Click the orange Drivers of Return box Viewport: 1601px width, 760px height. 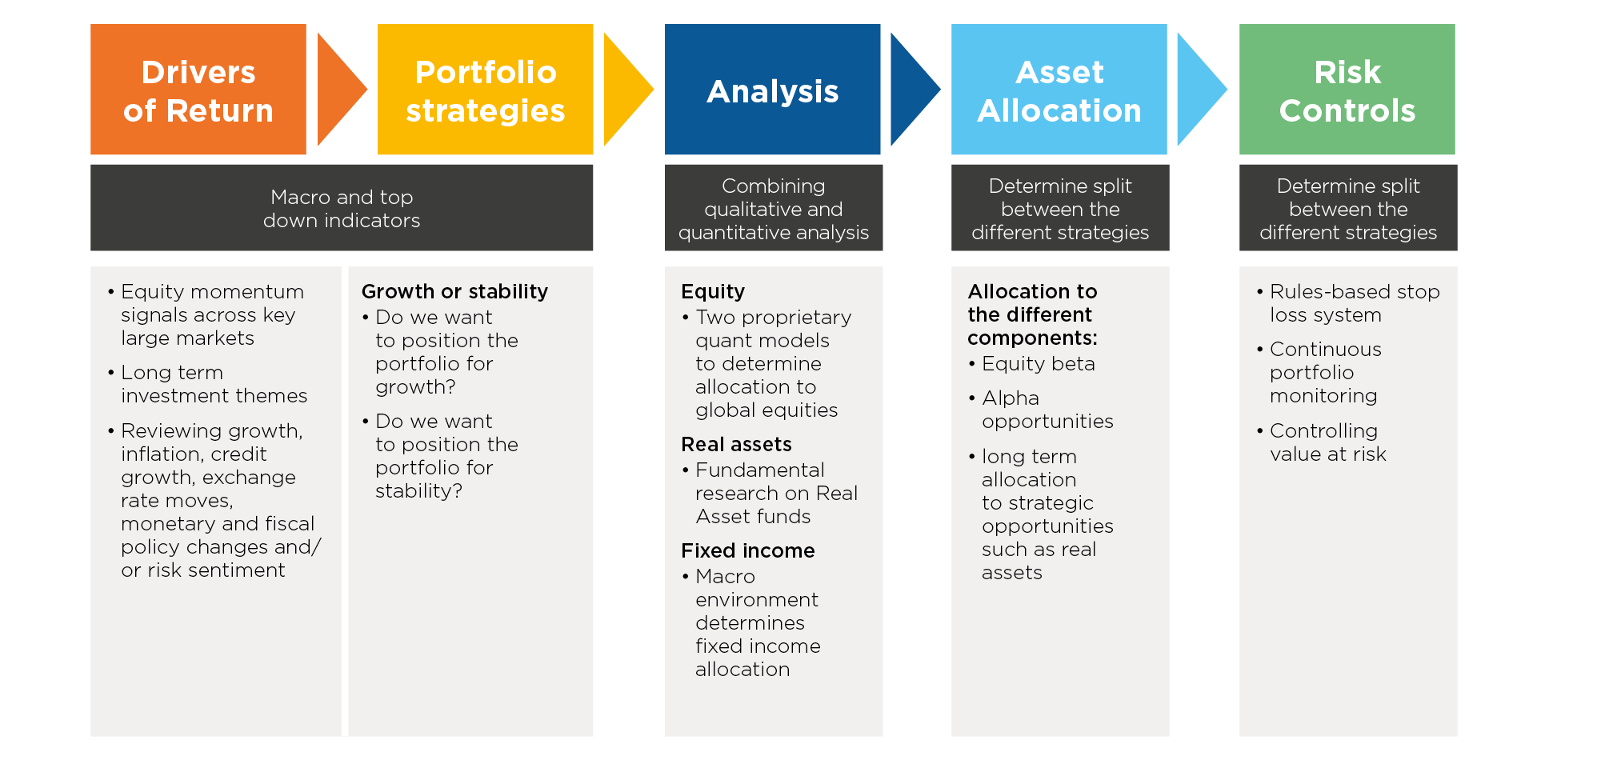(198, 89)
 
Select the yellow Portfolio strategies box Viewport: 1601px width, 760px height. (485, 89)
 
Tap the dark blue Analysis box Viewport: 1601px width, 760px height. (772, 89)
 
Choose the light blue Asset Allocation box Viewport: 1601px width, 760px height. (1059, 89)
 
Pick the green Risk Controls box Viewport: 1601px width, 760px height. (1347, 89)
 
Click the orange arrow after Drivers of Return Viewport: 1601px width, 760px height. (340, 89)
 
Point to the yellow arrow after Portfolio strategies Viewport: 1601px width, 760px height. (627, 89)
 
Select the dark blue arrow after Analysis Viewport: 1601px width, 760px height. (914, 89)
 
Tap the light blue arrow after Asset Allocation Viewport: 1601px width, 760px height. (1201, 89)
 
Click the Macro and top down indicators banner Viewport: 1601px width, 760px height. (342, 208)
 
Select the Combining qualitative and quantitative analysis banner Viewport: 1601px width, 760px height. (774, 208)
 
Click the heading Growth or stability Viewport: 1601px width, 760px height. (454, 291)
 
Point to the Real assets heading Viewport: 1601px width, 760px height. (736, 444)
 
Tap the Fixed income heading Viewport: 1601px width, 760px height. (748, 550)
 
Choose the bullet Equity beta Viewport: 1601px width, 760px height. (1031, 364)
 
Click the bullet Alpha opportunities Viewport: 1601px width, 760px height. (1041, 410)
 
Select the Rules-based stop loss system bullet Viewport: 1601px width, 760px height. (1348, 303)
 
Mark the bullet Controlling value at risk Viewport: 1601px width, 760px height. (1321, 442)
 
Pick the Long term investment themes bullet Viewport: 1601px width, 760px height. (207, 384)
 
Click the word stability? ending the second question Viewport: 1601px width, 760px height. (418, 490)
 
